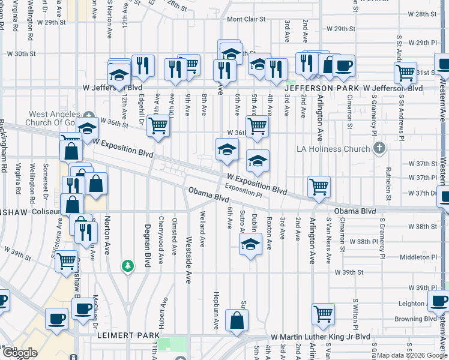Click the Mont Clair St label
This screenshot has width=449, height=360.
pyautogui.click(x=246, y=19)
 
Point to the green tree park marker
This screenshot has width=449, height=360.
pyautogui.click(x=127, y=265)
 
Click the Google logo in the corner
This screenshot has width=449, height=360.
pyautogui.click(x=19, y=353)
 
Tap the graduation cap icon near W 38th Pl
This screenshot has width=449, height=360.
pyautogui.click(x=251, y=244)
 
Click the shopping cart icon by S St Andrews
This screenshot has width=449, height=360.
pyautogui.click(x=406, y=73)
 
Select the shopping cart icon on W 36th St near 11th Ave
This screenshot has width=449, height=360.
pyautogui.click(x=158, y=125)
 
